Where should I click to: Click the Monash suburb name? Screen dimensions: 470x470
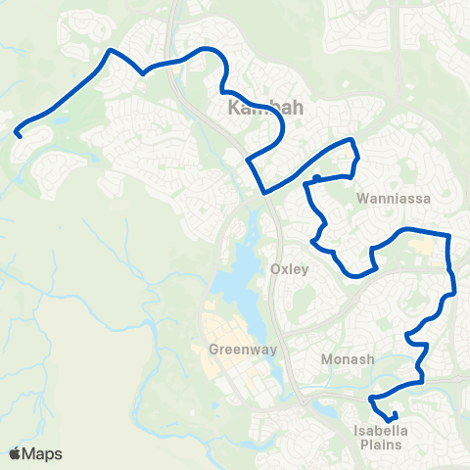(x=348, y=359)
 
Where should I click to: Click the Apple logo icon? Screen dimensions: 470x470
(x=15, y=453)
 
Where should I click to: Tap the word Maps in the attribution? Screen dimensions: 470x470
(x=42, y=453)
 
